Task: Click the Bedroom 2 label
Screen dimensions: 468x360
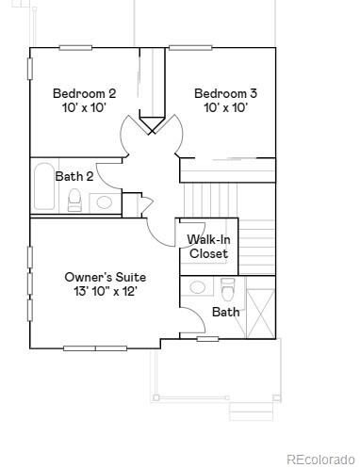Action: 84,93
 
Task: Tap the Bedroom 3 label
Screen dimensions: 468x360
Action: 225,93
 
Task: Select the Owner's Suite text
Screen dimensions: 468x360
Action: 105,277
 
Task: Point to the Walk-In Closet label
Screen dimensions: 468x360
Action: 208,247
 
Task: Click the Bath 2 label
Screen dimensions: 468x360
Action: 74,176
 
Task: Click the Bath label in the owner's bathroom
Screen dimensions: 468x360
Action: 225,312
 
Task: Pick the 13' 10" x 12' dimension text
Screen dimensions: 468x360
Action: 105,292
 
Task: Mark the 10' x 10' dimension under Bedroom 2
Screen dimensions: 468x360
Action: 84,108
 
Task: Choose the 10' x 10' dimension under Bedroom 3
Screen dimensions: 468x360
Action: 225,108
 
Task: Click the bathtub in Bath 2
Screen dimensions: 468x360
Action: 43,187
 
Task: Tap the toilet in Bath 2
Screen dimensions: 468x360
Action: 74,201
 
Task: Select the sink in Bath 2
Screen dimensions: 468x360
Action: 104,202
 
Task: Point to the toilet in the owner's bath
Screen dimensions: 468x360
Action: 227,286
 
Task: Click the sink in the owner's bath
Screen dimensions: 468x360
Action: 198,287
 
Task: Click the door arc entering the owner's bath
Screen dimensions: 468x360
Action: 191,318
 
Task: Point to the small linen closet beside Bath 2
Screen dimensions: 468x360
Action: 132,204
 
